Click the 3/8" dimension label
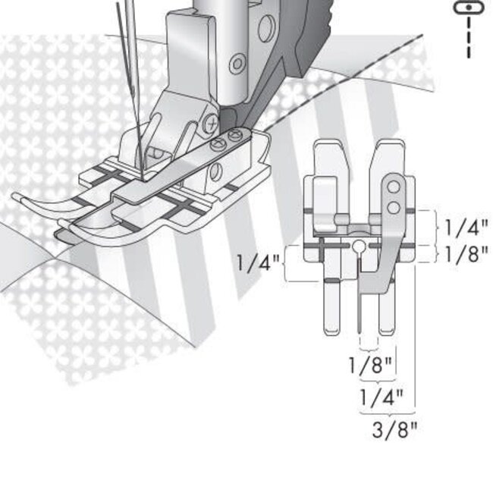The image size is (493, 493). (394, 430)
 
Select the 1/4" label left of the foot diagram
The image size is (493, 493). (257, 264)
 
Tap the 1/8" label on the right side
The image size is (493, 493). (466, 253)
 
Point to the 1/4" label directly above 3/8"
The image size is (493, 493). (381, 397)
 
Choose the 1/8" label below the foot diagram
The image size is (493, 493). (370, 364)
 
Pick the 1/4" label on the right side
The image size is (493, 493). (466, 227)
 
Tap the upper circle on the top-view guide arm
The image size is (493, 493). (393, 186)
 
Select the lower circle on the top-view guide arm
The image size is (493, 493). (393, 206)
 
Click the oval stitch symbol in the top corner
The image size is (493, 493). (468, 7)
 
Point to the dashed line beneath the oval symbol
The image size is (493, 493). (468, 38)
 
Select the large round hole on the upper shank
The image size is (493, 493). (265, 29)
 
